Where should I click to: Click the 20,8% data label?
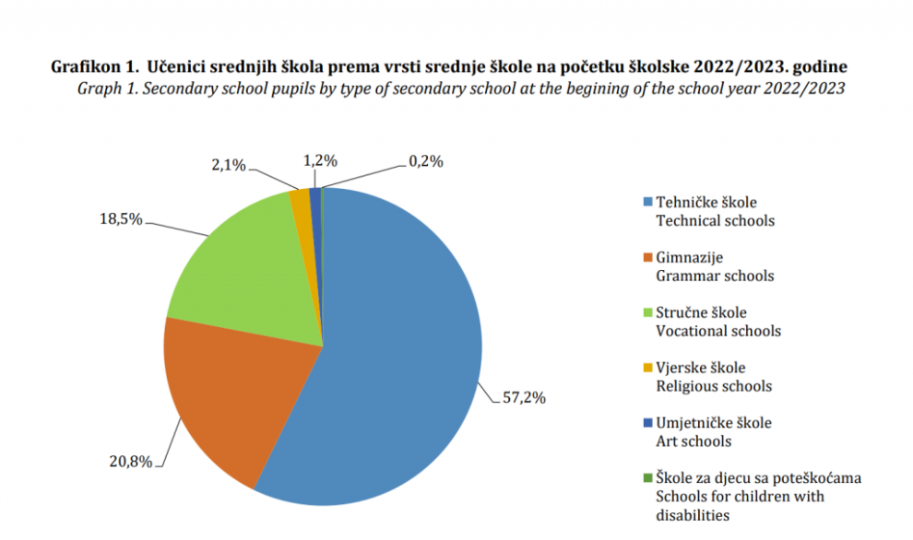[130, 462]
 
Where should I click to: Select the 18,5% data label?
[120, 220]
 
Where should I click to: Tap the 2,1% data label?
[229, 165]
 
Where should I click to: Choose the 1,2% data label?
[320, 161]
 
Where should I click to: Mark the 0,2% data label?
[425, 161]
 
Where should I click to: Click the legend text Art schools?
[693, 440]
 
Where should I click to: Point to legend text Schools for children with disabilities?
[740, 505]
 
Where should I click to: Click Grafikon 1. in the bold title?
[95, 68]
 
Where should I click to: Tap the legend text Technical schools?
[715, 220]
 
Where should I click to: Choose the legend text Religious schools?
[713, 385]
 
